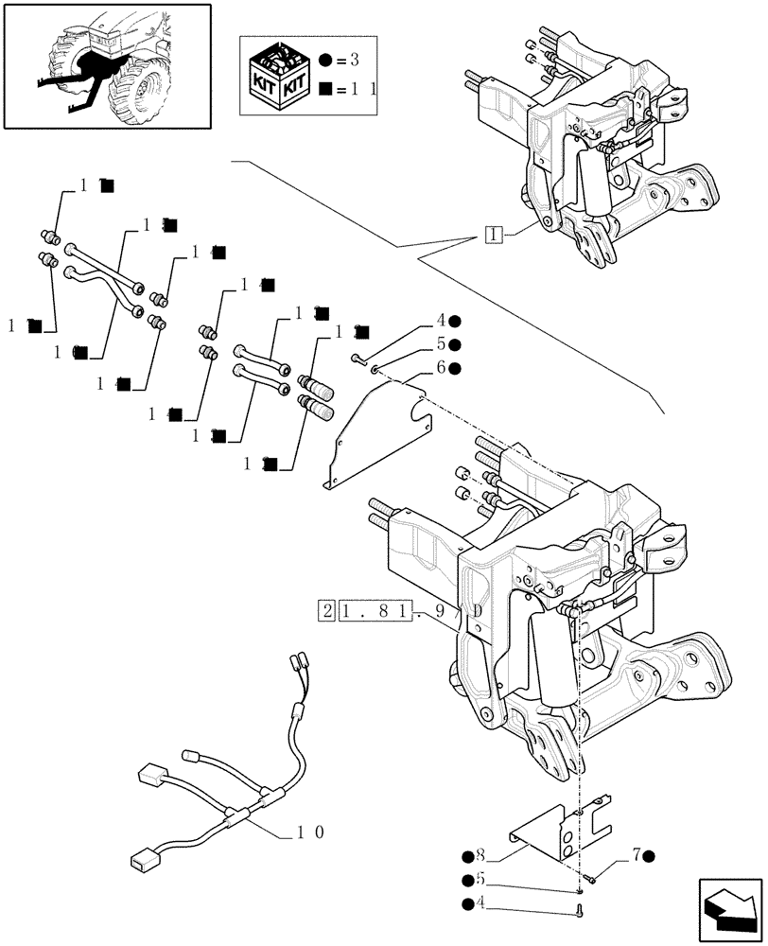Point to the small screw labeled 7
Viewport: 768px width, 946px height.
click(x=589, y=878)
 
